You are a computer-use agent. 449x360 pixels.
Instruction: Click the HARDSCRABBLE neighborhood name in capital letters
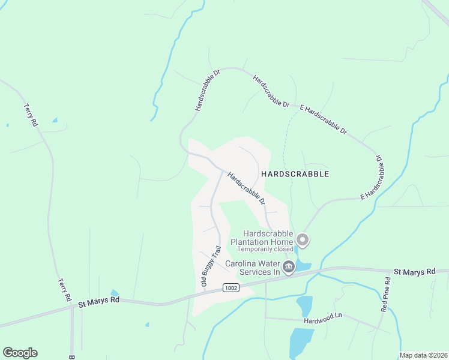(295, 174)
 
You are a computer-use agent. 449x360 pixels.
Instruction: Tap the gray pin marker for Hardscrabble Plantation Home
(303, 241)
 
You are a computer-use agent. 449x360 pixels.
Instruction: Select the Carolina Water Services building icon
(289, 267)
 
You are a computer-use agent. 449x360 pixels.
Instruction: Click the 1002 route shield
(231, 288)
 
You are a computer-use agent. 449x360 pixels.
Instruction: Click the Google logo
(20, 353)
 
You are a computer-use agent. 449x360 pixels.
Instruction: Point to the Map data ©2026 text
(423, 355)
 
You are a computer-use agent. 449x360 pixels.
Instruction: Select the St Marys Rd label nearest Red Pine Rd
(414, 272)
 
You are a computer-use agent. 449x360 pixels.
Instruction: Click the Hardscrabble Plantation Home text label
(268, 238)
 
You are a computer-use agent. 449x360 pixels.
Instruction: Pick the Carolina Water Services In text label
(253, 268)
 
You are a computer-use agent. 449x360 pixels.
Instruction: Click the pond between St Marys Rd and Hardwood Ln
(304, 305)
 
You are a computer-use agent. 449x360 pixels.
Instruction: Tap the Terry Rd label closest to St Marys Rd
(64, 289)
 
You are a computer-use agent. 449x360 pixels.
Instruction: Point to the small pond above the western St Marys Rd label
(113, 293)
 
